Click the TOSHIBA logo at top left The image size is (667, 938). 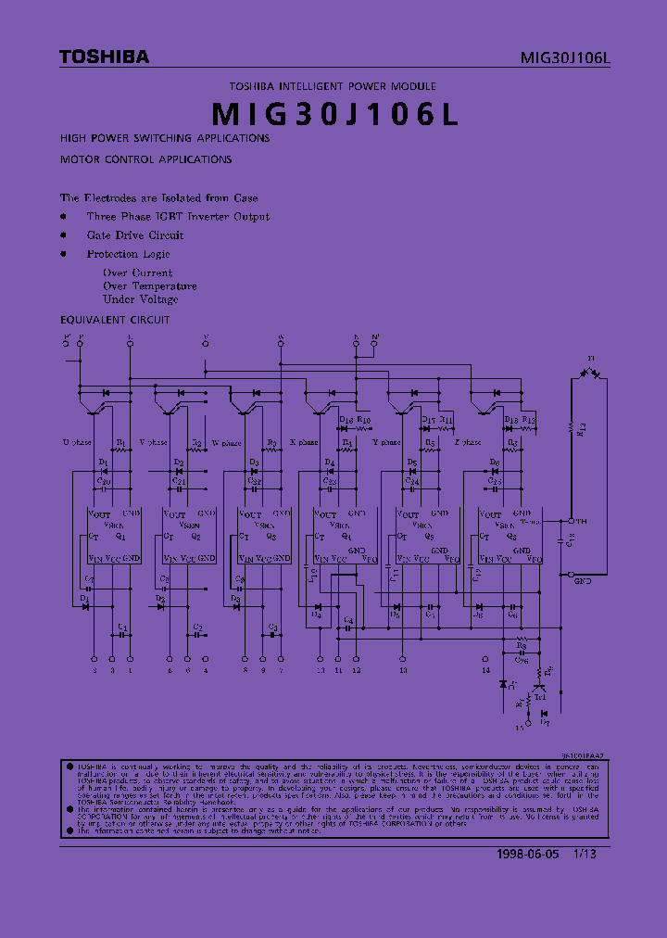[104, 57]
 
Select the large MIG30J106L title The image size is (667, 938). [333, 113]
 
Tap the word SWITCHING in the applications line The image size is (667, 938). [162, 137]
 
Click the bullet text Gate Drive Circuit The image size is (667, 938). [135, 235]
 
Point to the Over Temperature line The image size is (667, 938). [149, 286]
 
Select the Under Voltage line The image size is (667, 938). [141, 299]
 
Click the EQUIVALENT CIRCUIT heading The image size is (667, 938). [115, 320]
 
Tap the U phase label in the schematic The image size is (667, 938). [77, 443]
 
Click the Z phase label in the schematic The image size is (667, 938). [468, 443]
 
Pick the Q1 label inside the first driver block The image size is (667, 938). [119, 536]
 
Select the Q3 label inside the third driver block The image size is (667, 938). [271, 536]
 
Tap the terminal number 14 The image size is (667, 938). [485, 669]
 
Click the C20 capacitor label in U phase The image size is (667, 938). [103, 482]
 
